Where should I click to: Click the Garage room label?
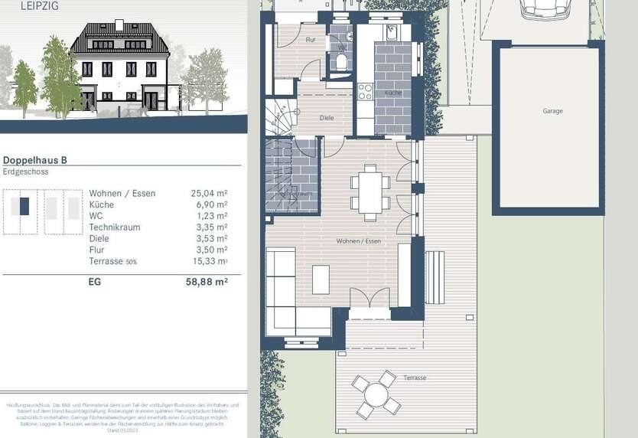pyautogui.click(x=552, y=111)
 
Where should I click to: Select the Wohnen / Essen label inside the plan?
pyautogui.click(x=358, y=241)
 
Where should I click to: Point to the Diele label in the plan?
pyautogui.click(x=327, y=118)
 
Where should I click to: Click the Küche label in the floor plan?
pyautogui.click(x=393, y=93)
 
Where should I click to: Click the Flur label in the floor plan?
pyautogui.click(x=310, y=39)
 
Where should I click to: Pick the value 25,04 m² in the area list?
pyautogui.click(x=209, y=194)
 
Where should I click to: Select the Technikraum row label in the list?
pyautogui.click(x=114, y=227)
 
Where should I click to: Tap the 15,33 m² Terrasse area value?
pyautogui.click(x=209, y=262)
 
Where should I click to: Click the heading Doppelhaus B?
pyautogui.click(x=35, y=160)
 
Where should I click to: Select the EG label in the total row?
pyautogui.click(x=95, y=282)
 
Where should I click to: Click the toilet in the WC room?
pyautogui.click(x=342, y=60)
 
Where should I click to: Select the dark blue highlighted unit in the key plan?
pyautogui.click(x=24, y=207)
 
